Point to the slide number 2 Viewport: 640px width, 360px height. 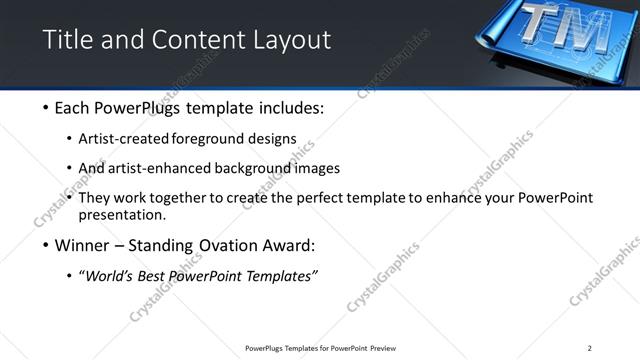pos(589,348)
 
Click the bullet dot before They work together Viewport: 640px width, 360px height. pos(69,198)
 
